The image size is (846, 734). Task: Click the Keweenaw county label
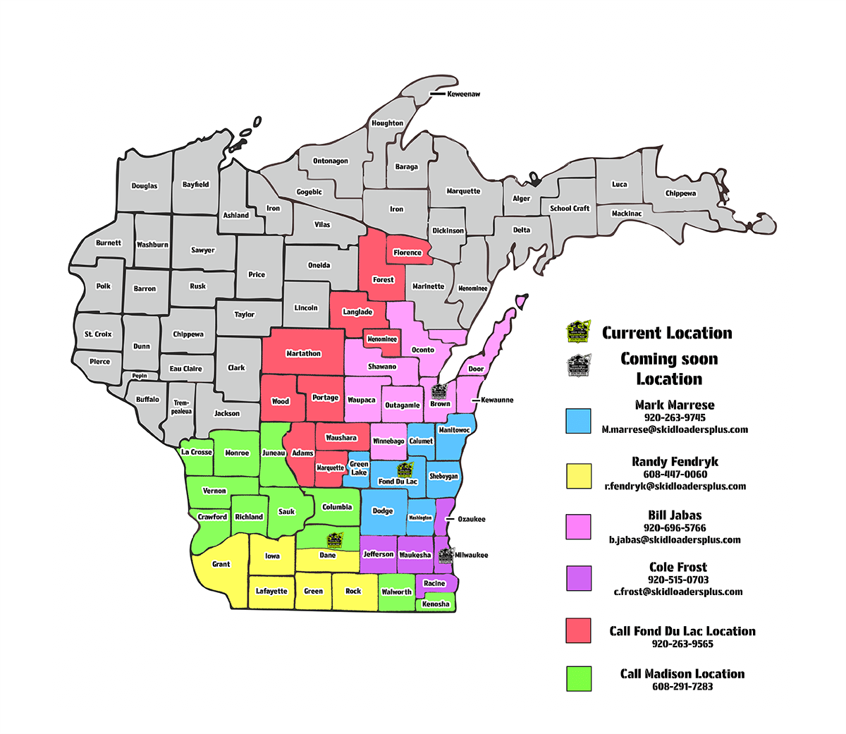click(463, 94)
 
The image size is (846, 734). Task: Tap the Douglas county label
click(145, 186)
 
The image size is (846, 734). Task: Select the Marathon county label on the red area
click(303, 353)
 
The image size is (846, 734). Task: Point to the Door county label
click(477, 369)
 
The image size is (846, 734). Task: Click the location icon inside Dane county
click(333, 540)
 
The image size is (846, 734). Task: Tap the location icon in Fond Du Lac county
click(405, 470)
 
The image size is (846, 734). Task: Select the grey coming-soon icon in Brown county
click(439, 391)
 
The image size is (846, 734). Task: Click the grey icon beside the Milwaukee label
click(445, 554)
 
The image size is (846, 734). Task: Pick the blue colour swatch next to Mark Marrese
click(578, 420)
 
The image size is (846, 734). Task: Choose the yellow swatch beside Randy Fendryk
click(578, 476)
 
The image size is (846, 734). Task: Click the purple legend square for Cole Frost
click(578, 578)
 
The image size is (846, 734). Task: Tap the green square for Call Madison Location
click(578, 678)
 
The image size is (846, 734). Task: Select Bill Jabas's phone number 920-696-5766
click(675, 527)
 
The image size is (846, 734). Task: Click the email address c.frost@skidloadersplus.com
click(678, 592)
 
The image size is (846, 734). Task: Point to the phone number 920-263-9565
click(682, 644)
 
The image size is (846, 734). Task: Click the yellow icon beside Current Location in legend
click(579, 331)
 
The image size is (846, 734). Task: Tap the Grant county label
click(221, 564)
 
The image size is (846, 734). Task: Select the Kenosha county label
click(436, 604)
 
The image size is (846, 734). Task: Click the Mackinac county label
click(627, 214)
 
